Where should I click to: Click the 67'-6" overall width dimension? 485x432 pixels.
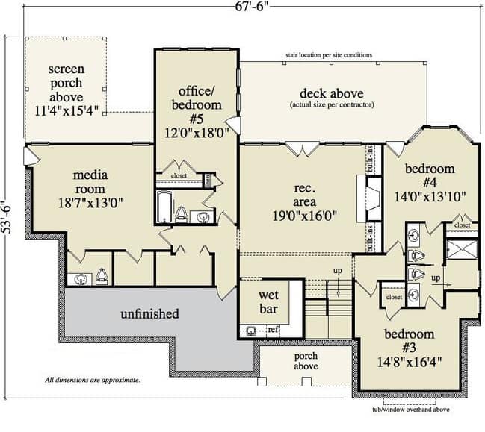point(250,6)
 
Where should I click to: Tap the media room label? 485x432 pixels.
point(90,182)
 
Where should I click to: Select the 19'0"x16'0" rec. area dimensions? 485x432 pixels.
point(304,216)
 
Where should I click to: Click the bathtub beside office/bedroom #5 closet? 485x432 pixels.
point(164,206)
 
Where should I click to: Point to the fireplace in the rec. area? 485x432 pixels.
point(369,198)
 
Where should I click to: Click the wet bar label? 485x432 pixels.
point(268,301)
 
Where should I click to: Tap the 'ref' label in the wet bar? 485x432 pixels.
point(273,330)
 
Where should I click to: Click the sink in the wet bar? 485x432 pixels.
point(251,331)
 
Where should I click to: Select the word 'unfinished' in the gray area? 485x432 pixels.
point(149,313)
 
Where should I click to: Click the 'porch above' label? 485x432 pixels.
point(306,361)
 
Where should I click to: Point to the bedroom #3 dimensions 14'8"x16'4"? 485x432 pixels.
point(409,362)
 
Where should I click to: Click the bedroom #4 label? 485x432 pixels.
point(430,175)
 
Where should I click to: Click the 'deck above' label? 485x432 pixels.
point(332,93)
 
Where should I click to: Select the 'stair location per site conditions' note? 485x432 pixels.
point(329,55)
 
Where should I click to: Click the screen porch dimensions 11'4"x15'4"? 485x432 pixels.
point(67,111)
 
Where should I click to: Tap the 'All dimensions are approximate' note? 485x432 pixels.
point(93,380)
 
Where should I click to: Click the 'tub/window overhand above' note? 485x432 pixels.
point(411,410)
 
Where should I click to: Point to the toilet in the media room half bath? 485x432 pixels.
point(102,276)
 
